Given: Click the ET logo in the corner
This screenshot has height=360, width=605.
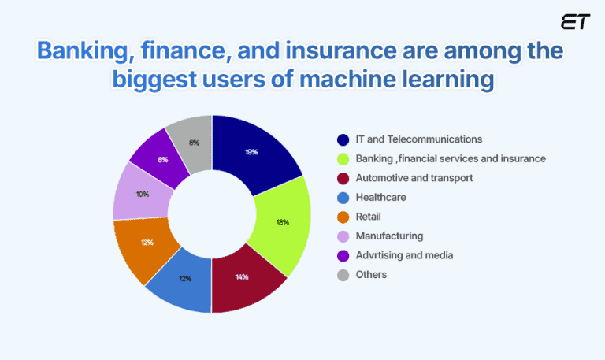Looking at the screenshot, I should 575,23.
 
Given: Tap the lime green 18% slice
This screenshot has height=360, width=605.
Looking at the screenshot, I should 280,221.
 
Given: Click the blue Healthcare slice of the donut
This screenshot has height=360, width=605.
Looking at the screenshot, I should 184,277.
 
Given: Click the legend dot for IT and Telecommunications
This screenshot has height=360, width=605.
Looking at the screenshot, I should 343,140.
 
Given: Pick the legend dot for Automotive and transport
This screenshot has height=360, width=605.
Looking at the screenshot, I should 343,178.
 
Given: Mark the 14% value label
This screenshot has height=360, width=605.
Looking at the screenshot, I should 241,278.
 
